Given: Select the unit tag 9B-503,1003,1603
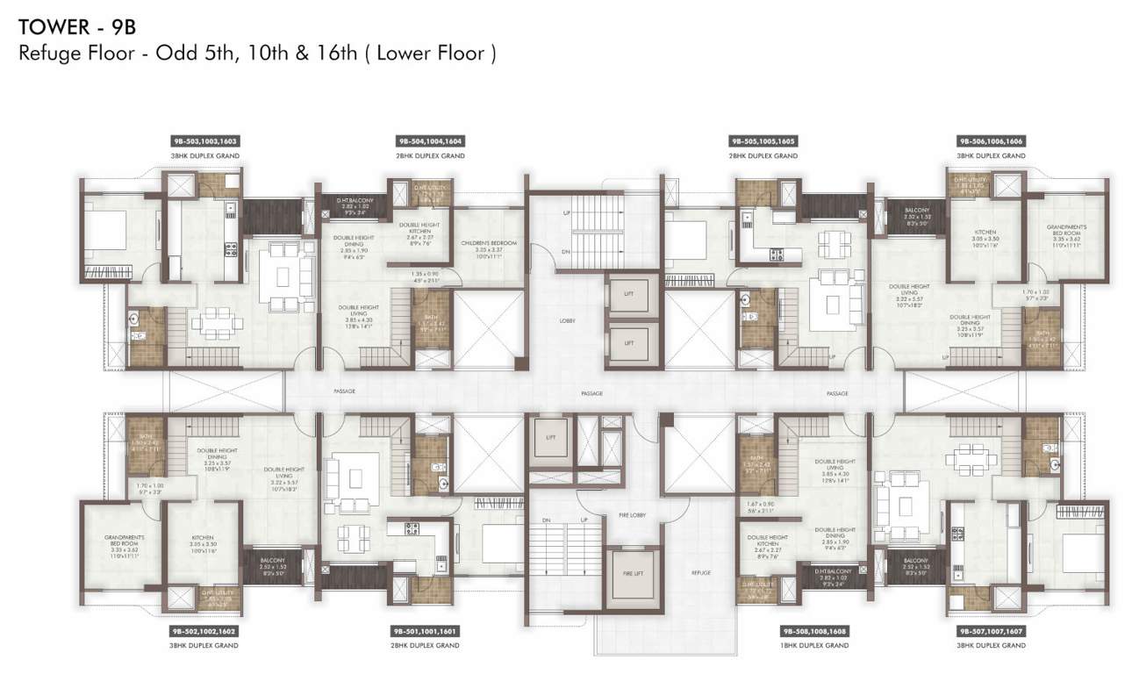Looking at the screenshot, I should tap(204, 140).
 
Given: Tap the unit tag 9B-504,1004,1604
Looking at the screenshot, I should tap(430, 140).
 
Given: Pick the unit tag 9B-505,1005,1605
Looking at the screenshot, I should tap(763, 140).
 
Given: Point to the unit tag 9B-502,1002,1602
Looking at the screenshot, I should tap(204, 630).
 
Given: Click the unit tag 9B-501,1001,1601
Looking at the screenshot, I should tap(430, 630).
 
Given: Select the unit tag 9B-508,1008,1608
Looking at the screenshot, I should tap(813, 630).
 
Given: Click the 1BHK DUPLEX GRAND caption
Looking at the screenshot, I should tap(813, 645).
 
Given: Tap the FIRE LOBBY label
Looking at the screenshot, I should tap(632, 515).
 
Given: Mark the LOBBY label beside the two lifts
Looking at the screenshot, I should tap(567, 320).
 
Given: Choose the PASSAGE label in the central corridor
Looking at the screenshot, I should tap(591, 394).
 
